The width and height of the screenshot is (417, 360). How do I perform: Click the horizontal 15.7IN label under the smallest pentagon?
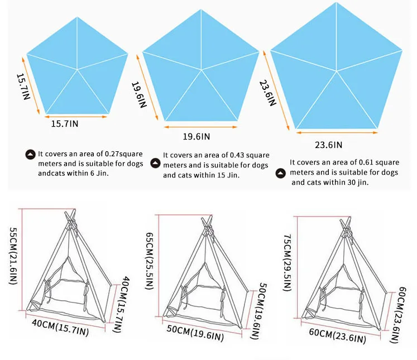click(65, 124)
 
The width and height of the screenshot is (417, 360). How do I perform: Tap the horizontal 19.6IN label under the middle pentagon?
click(196, 136)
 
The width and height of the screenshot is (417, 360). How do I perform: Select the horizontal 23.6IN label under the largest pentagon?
click(328, 145)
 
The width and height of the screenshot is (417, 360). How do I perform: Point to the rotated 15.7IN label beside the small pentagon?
click(23, 87)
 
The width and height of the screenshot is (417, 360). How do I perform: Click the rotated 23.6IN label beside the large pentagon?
click(267, 93)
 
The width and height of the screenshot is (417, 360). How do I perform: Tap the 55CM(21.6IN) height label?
click(13, 256)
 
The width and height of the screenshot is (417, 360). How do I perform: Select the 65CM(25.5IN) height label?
click(150, 261)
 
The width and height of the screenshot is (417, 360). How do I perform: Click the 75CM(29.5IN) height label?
click(287, 263)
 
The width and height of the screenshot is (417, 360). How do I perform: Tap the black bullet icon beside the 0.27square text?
click(30, 155)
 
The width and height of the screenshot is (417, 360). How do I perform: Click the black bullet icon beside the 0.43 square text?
click(155, 163)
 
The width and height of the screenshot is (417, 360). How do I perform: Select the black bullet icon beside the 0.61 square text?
click(280, 174)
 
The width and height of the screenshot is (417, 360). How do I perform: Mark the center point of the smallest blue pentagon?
click(77, 70)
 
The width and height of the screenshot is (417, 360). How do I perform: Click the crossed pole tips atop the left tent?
click(70, 215)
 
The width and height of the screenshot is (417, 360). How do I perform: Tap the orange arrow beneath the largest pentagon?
click(337, 132)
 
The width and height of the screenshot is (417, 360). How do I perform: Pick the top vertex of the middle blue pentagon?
click(201, 9)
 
